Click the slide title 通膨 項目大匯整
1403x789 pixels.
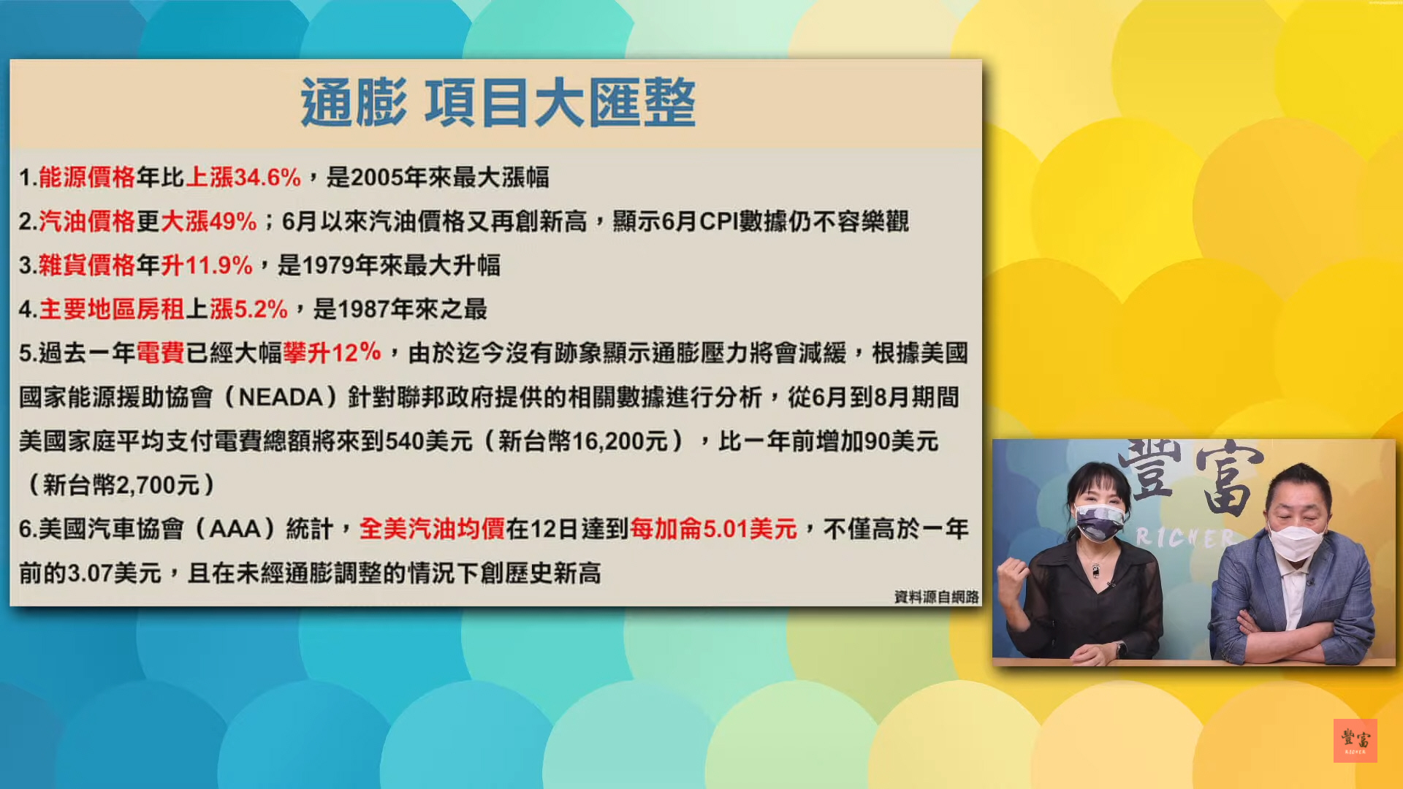498,103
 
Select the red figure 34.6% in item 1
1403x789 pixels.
267,178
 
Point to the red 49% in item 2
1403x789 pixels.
233,221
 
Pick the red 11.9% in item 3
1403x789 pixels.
218,265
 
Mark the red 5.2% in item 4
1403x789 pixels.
261,309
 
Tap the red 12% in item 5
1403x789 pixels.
357,353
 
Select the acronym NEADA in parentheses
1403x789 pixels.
281,397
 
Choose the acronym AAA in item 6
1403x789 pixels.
235,529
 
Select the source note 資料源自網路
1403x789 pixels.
936,597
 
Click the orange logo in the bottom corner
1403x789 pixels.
1355,741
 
